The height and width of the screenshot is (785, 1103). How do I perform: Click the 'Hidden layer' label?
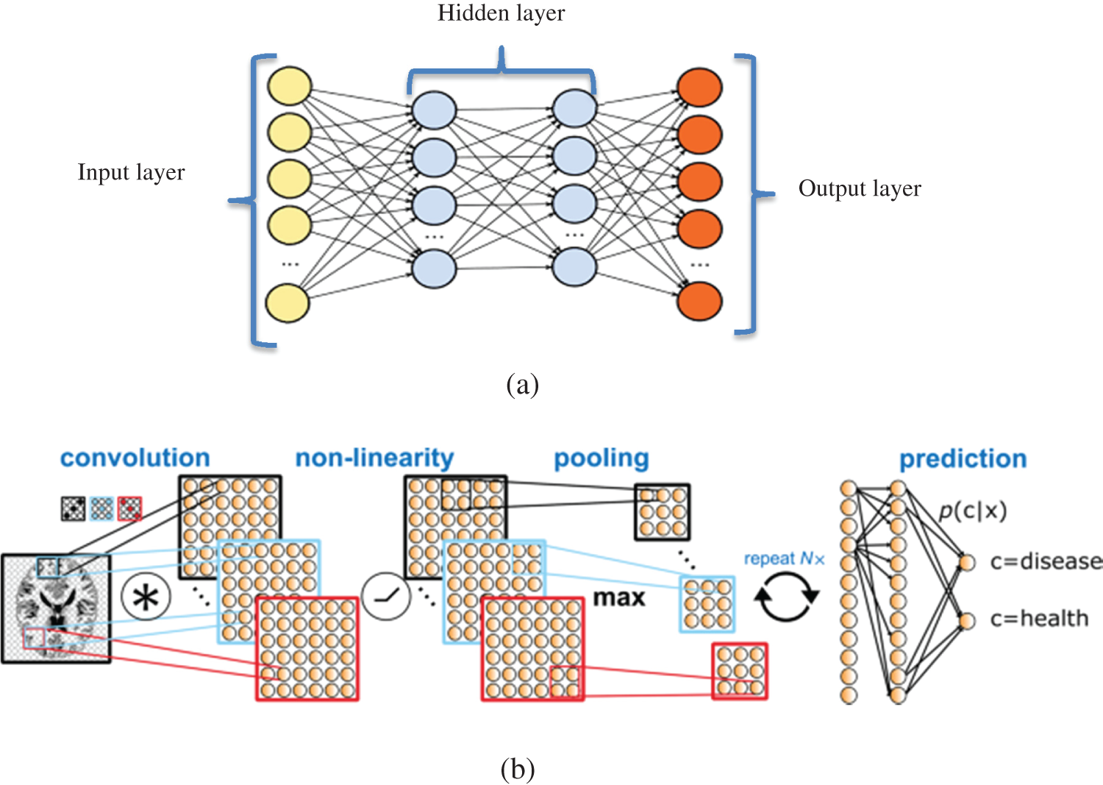pyautogui.click(x=501, y=13)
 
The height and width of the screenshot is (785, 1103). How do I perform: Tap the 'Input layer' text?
pyautogui.click(x=131, y=173)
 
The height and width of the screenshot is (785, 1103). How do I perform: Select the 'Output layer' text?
pyautogui.click(x=860, y=189)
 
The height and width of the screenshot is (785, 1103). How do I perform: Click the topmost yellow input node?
pyautogui.click(x=290, y=86)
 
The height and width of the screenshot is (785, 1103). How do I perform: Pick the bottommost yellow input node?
pyautogui.click(x=288, y=303)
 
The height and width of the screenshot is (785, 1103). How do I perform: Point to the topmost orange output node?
pyautogui.click(x=700, y=88)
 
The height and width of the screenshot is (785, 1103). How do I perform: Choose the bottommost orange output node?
pyautogui.click(x=700, y=301)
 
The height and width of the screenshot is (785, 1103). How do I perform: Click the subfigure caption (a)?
pyautogui.click(x=522, y=386)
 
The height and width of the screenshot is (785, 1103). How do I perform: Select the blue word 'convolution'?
pyautogui.click(x=135, y=458)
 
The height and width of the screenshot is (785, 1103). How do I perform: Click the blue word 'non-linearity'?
pyautogui.click(x=374, y=458)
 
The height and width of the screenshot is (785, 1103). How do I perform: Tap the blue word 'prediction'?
pyautogui.click(x=963, y=459)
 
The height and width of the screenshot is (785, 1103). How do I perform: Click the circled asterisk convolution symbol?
pyautogui.click(x=146, y=597)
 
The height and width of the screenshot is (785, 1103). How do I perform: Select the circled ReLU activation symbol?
pyautogui.click(x=386, y=596)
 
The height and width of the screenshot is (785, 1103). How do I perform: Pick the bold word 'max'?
pyautogui.click(x=619, y=598)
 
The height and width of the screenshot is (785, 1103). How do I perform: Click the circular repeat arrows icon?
pyautogui.click(x=786, y=596)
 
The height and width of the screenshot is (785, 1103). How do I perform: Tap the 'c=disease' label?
pyautogui.click(x=1046, y=562)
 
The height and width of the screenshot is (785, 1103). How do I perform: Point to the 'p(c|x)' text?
pyautogui.click(x=973, y=511)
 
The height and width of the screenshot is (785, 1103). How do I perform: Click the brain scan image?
pyautogui.click(x=56, y=608)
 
